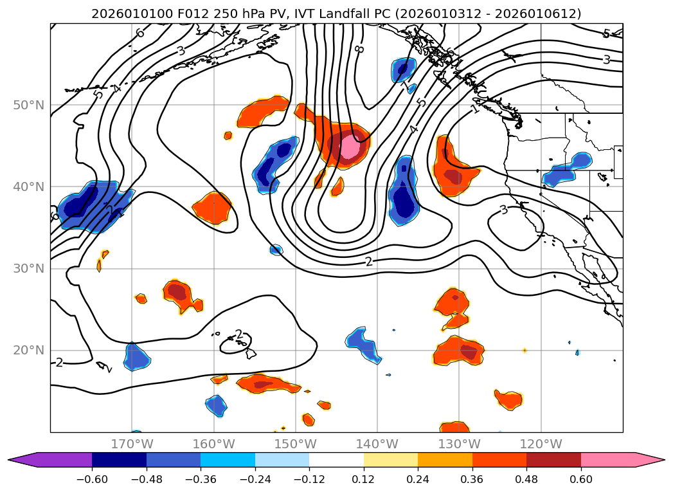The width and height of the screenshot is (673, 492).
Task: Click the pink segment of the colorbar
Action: point(607,459)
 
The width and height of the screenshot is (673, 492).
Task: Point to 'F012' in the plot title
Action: point(165,14)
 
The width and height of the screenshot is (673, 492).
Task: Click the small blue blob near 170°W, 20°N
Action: point(136,356)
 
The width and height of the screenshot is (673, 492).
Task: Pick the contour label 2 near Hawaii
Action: point(239,334)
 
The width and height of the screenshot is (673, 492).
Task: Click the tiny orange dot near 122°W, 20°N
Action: point(525,350)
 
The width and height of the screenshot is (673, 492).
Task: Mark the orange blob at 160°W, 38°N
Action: point(212,207)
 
